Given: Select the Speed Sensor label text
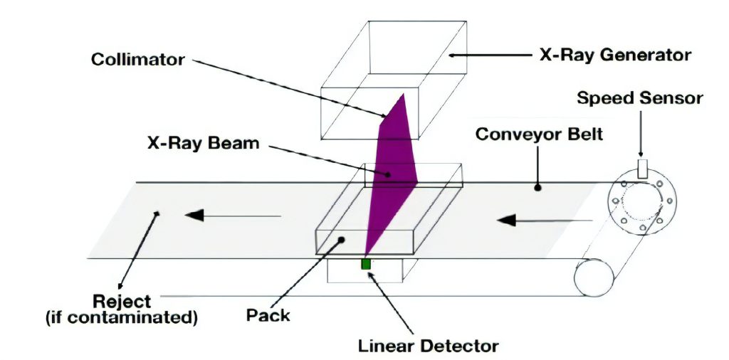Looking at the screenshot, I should [639, 97].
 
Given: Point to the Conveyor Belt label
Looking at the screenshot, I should [538, 133].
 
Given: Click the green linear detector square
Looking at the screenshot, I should [366, 264].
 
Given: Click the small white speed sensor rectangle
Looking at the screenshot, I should [642, 168].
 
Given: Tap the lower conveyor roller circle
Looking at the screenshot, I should [594, 275].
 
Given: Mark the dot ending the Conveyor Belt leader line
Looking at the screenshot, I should [538, 189].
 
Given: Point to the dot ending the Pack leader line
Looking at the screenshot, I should [342, 240].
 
